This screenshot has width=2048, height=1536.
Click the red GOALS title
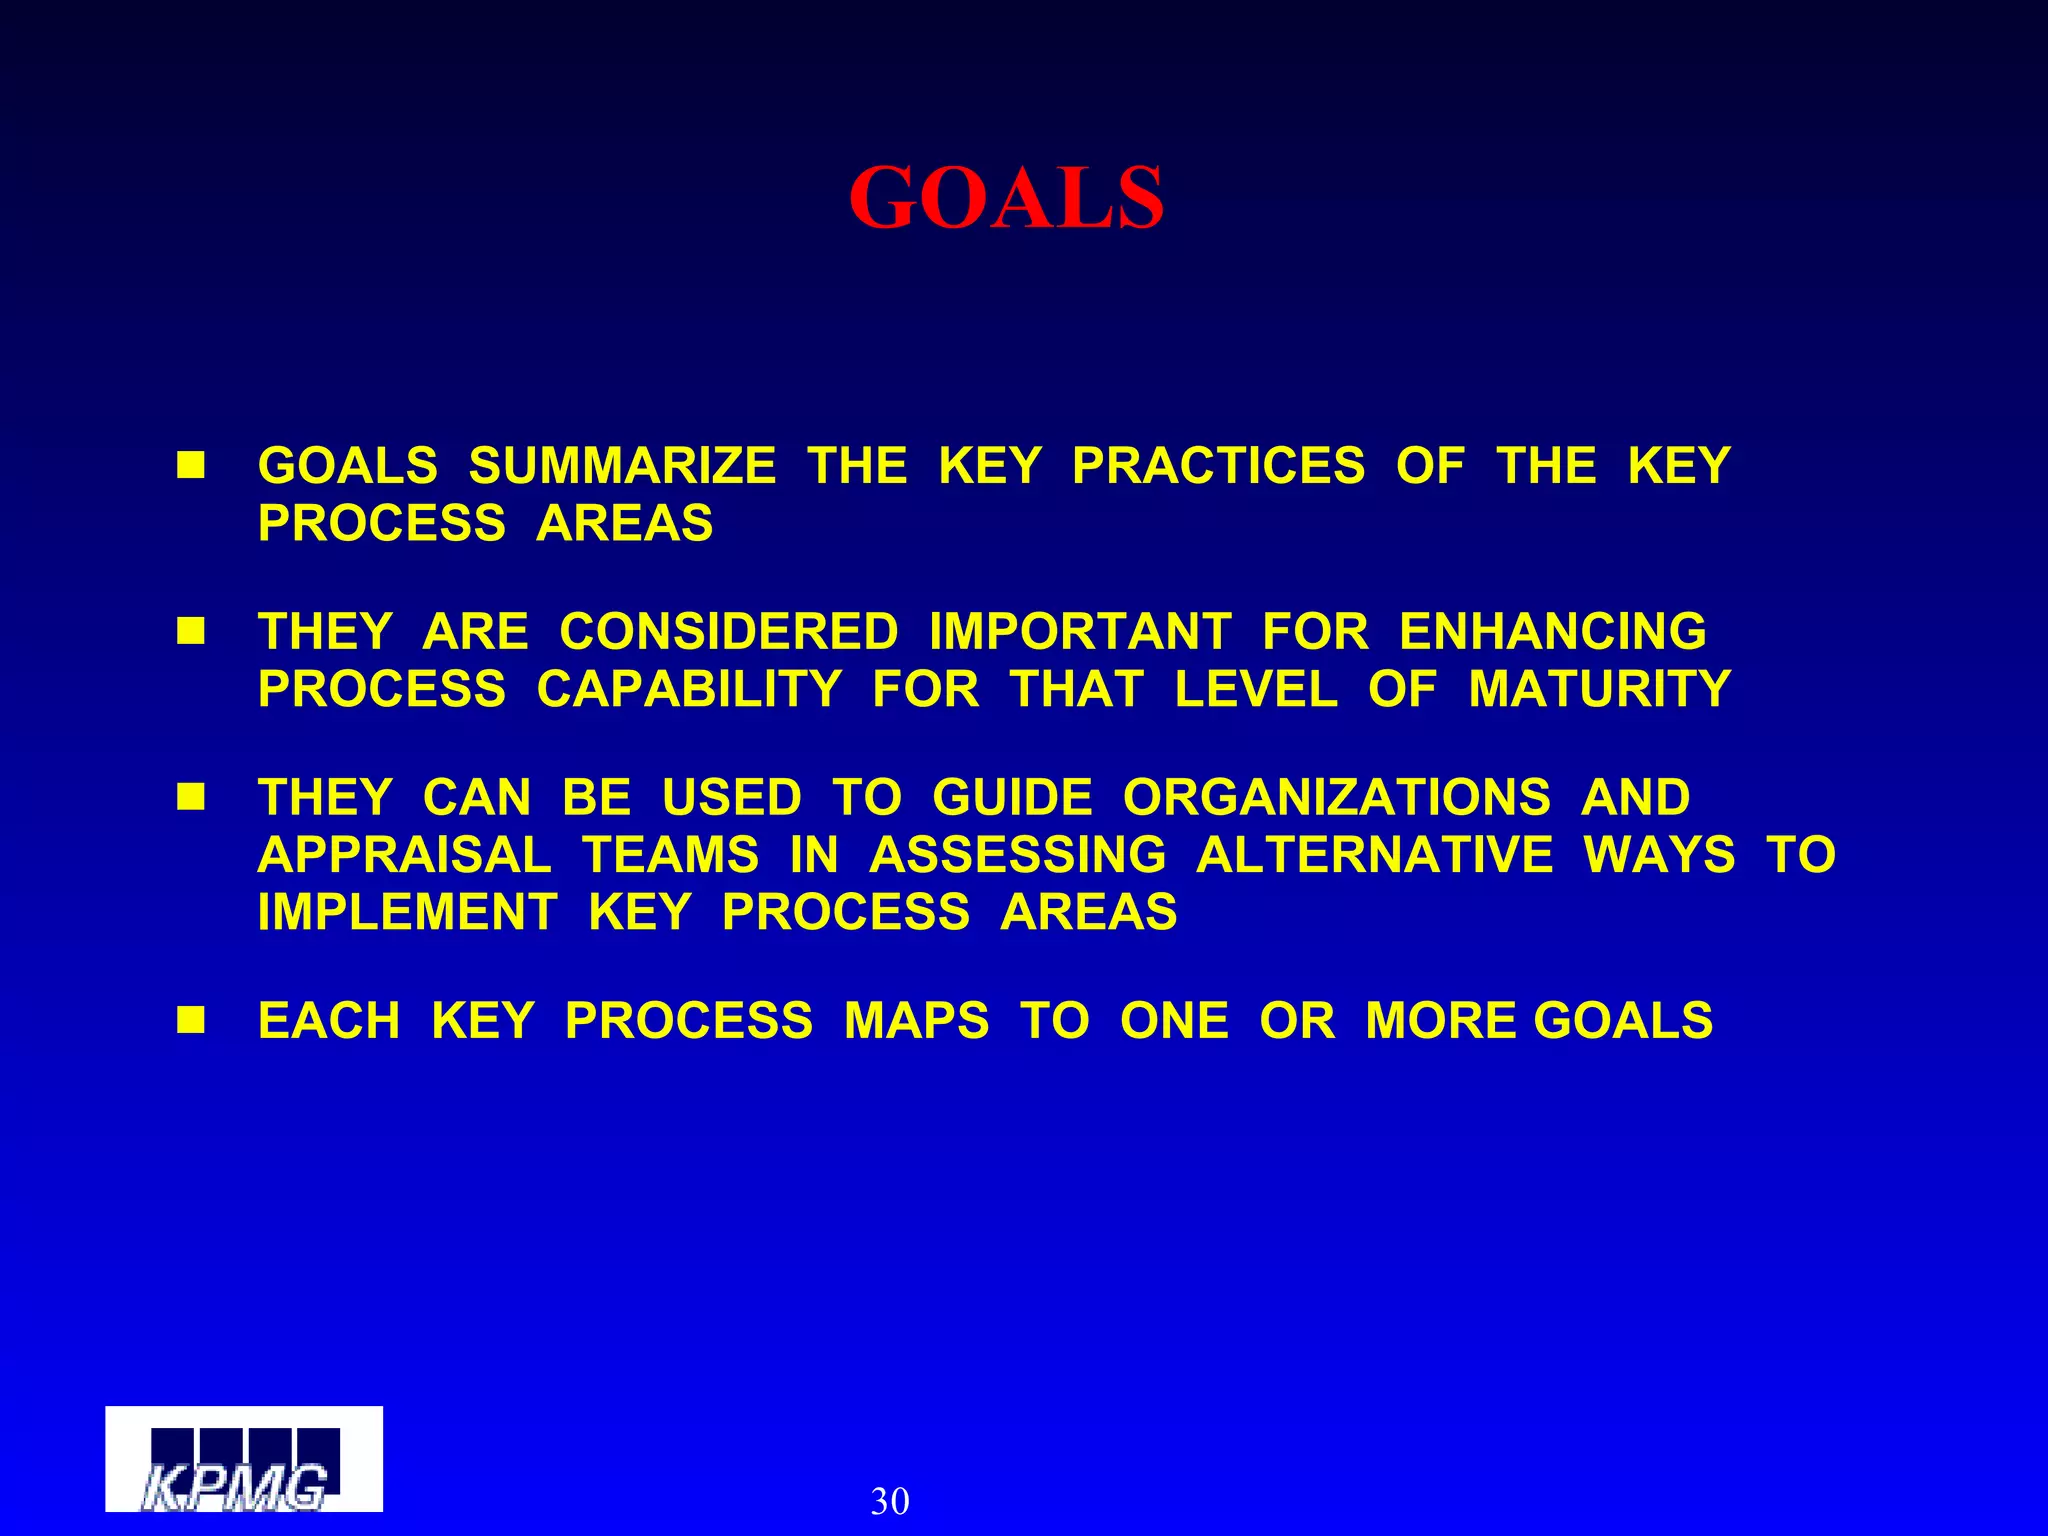click(1006, 198)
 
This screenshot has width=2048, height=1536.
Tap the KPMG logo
click(243, 1458)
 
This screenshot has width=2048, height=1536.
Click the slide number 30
click(889, 1501)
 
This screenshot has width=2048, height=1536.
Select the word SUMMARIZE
click(622, 466)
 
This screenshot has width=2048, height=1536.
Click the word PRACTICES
click(1217, 466)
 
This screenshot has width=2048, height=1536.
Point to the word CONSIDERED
click(728, 632)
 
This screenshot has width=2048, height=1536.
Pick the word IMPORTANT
click(1079, 632)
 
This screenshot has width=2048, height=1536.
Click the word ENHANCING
click(1552, 632)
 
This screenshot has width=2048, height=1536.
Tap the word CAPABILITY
click(689, 689)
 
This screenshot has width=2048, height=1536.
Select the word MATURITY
click(1599, 689)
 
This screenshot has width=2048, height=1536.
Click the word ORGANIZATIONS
click(1336, 798)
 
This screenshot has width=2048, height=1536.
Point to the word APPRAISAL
click(404, 855)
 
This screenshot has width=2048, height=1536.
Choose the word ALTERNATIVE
click(1374, 855)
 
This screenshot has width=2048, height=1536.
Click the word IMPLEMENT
click(407, 912)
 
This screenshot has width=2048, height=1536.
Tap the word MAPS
click(916, 1021)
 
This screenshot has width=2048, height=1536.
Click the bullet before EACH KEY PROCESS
click(190, 1020)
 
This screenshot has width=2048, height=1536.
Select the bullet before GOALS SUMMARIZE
click(190, 465)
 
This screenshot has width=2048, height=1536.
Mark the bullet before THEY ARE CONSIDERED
click(190, 631)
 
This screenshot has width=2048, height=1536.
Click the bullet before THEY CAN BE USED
click(190, 797)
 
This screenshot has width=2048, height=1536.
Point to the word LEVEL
click(1255, 689)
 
